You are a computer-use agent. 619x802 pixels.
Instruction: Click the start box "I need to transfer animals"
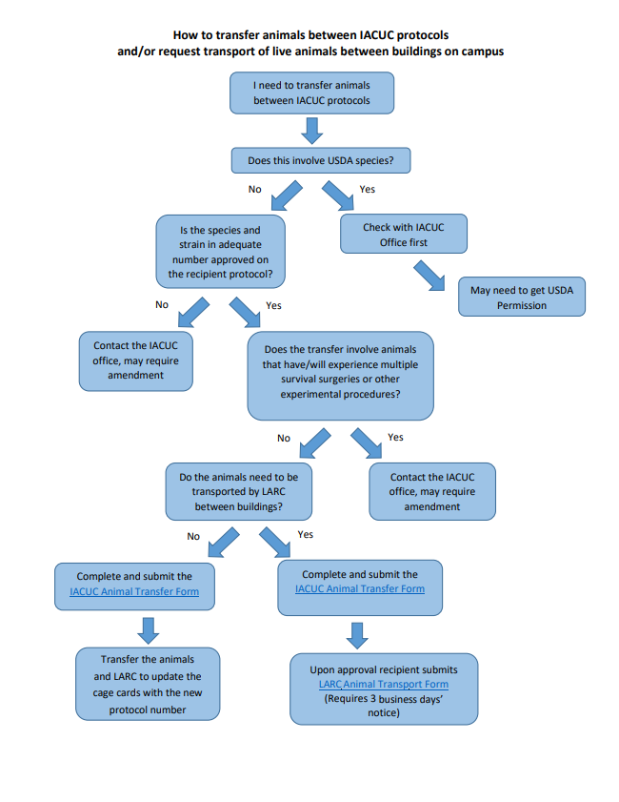[311, 93]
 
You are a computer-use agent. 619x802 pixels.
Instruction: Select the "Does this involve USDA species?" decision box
[321, 160]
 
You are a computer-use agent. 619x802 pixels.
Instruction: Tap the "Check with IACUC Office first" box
[403, 235]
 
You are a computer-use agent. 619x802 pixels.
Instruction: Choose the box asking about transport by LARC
[238, 491]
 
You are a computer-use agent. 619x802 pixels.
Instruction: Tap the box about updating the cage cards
[148, 684]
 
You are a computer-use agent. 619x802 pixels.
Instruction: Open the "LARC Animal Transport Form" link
[383, 684]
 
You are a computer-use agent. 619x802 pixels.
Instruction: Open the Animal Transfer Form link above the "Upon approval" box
[360, 588]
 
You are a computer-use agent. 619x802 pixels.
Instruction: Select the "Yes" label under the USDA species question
[367, 189]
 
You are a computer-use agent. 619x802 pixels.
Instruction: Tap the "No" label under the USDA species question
[254, 189]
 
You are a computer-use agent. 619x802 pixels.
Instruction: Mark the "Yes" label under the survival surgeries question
[395, 437]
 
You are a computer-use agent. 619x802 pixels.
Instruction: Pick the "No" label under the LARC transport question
[193, 536]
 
